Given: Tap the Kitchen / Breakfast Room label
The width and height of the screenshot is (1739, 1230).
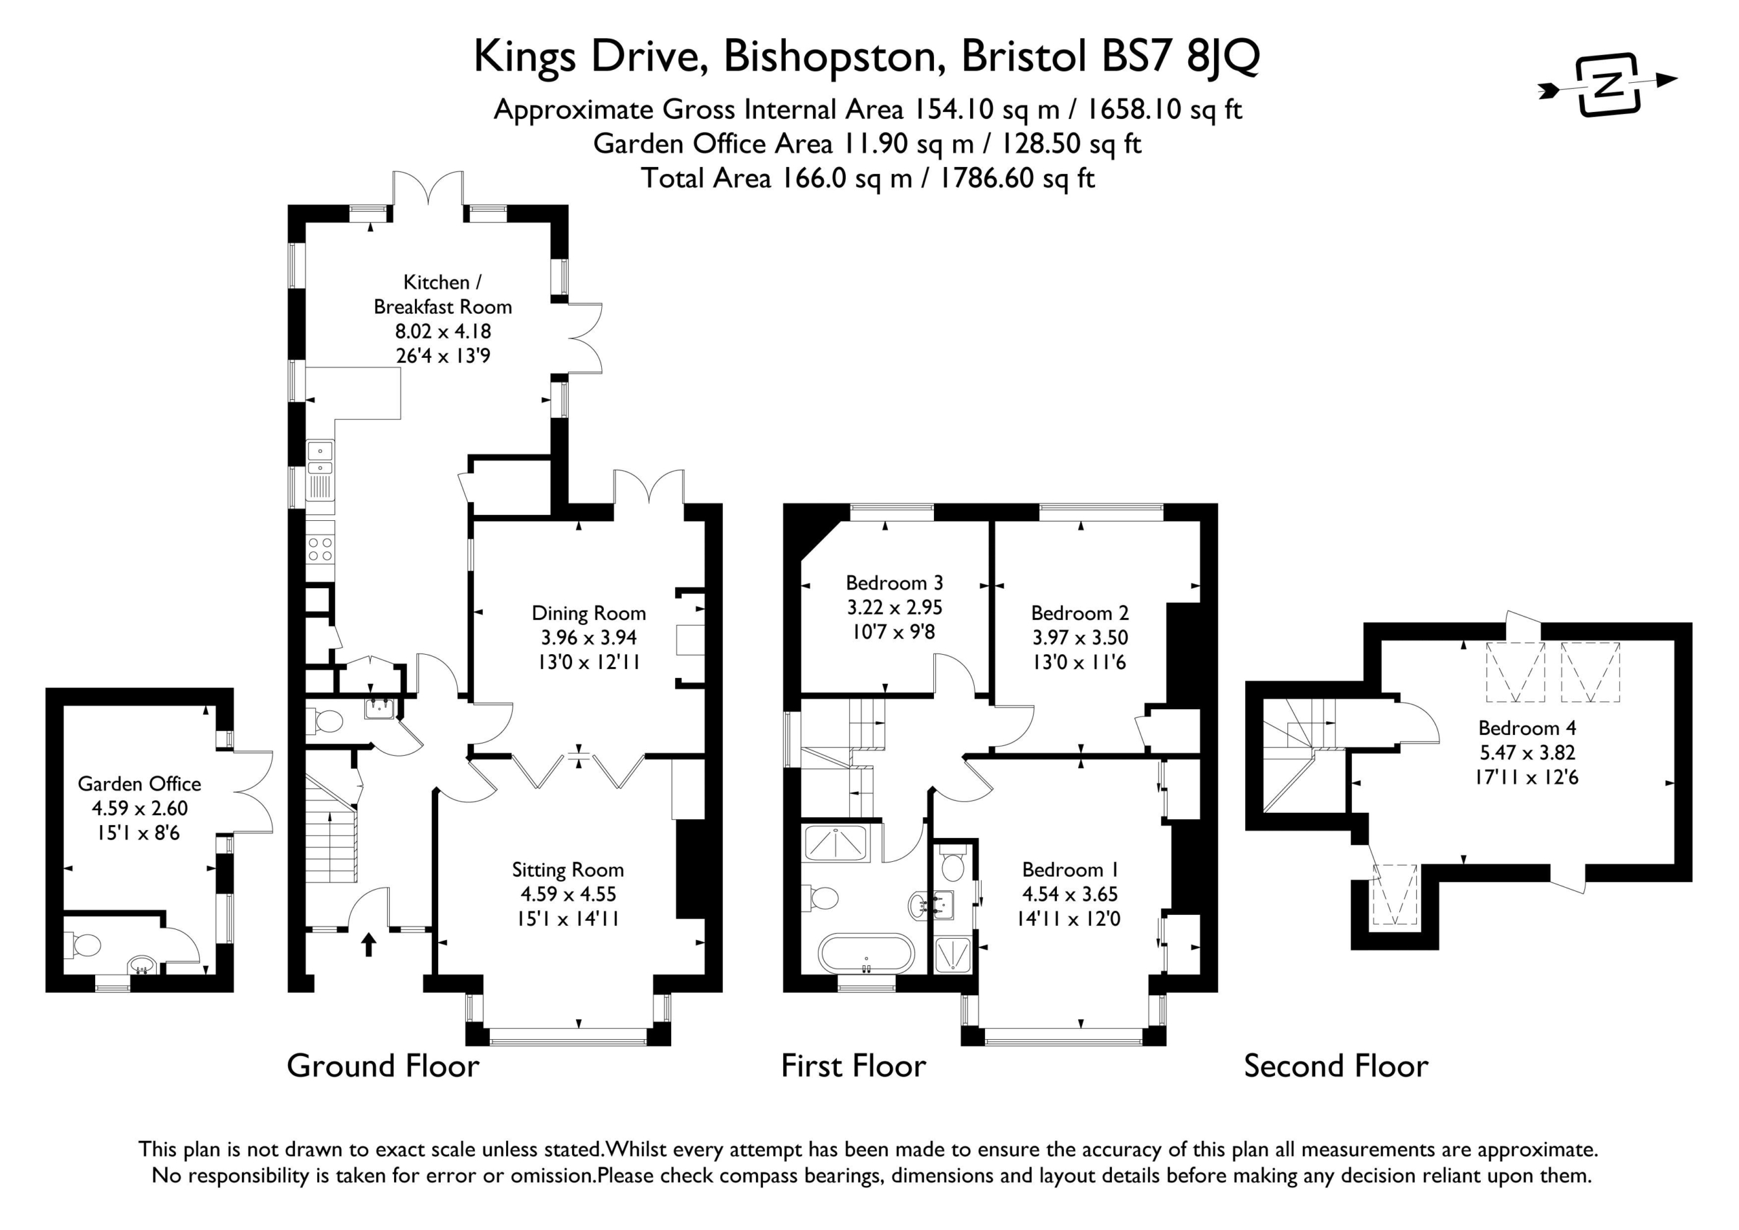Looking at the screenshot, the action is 443,294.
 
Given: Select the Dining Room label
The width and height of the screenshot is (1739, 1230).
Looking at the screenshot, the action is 588,613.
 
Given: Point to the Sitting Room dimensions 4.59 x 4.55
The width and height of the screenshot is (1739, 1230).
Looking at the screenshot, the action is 568,894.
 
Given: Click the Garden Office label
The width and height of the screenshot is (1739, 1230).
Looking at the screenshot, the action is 139,783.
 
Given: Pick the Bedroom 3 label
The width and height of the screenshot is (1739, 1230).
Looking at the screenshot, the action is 895,583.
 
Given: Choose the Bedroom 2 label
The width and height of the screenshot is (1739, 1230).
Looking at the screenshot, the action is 1080,613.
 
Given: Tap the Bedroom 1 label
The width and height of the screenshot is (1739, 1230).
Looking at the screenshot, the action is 1070,869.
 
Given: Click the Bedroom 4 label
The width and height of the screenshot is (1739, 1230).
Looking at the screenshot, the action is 1528,728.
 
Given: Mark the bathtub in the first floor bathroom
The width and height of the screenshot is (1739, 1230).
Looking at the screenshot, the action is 867,954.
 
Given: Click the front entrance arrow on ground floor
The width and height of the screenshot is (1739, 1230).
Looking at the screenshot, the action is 369,945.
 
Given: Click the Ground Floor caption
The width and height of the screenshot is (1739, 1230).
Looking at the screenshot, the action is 383,1066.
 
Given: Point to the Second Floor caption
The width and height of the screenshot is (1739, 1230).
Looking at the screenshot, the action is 1336,1066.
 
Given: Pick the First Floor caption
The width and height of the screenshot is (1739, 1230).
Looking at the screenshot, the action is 854,1066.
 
